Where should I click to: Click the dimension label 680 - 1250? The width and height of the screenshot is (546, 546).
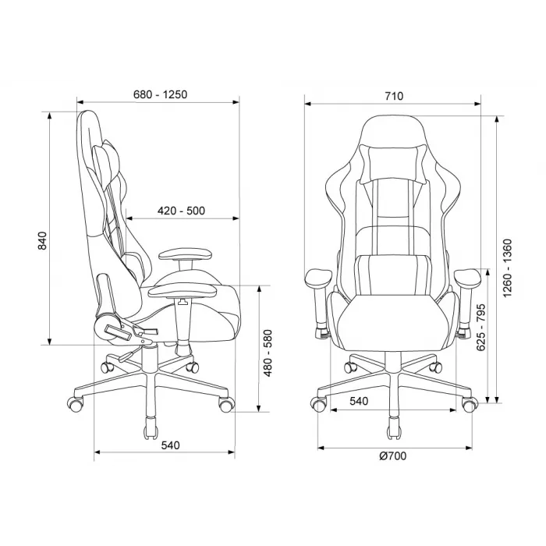coord(160,94)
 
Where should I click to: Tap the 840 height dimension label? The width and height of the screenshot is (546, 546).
coord(42,240)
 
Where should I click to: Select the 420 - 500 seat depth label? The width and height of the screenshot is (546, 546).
coord(181,211)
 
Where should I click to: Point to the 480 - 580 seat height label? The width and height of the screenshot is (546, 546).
coord(268,353)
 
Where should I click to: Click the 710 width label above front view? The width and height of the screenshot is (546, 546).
coord(394,96)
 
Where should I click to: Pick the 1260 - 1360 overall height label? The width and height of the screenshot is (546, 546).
coord(508,268)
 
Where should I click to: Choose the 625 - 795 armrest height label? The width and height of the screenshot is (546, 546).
coord(480,328)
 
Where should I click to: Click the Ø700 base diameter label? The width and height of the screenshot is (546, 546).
coord(393,456)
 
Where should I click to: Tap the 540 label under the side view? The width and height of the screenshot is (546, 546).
coord(170,445)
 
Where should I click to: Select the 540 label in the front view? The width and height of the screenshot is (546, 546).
coord(359,401)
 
